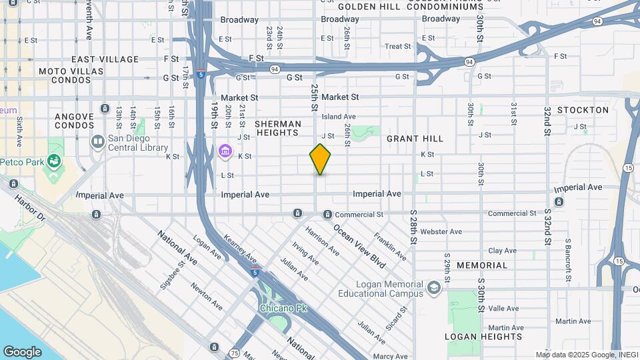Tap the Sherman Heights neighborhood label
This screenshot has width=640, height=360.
coord(278,129)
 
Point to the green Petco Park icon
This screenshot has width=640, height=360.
coord(52,161)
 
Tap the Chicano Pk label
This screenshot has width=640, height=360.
coord(283,309)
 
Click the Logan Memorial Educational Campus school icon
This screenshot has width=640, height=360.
coord(435,288)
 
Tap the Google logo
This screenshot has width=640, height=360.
coord(22,351)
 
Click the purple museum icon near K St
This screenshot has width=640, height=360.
coord(226,153)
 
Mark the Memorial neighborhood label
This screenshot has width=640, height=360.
coord(482,265)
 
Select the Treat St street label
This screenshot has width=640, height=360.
coord(397,47)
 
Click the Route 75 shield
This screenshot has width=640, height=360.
coord(234,352)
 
